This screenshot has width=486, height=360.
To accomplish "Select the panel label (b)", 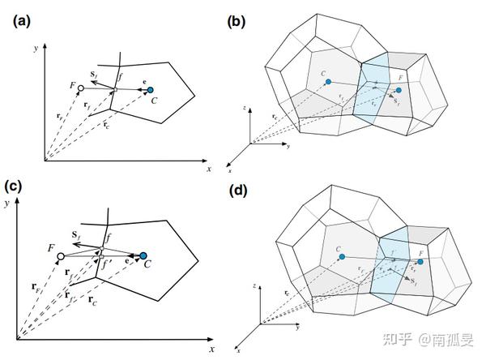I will click(x=238, y=22).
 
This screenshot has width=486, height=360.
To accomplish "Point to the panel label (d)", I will click(x=240, y=192).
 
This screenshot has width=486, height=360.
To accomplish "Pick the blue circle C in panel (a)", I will click(x=151, y=90).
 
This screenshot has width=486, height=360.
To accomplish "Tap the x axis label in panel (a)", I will click(x=209, y=169).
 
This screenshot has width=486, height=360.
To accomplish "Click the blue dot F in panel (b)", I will click(x=399, y=90).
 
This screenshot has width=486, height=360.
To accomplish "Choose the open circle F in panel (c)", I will click(x=60, y=257).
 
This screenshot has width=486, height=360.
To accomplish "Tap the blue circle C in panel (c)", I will click(x=143, y=257).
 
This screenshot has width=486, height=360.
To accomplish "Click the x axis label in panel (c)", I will click(x=212, y=349).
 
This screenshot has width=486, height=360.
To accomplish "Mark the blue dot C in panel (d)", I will click(x=342, y=257).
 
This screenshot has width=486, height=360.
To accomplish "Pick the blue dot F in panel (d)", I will click(x=420, y=263).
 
